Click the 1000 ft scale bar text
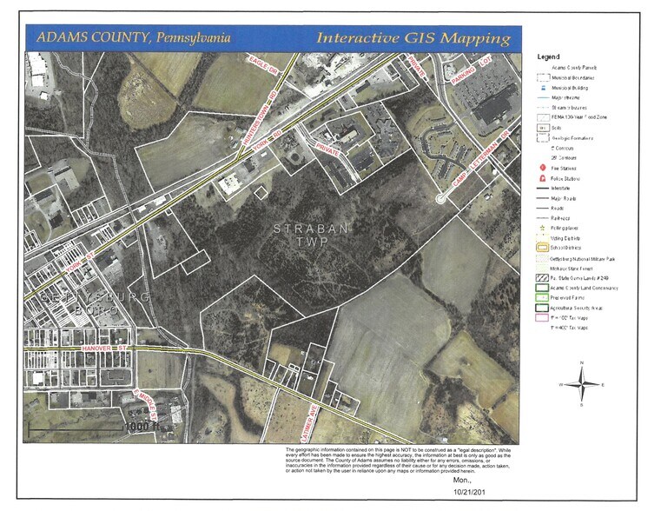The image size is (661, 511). click(x=140, y=428)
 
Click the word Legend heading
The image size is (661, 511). click(x=548, y=56)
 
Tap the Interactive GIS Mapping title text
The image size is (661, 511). click(x=413, y=38)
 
